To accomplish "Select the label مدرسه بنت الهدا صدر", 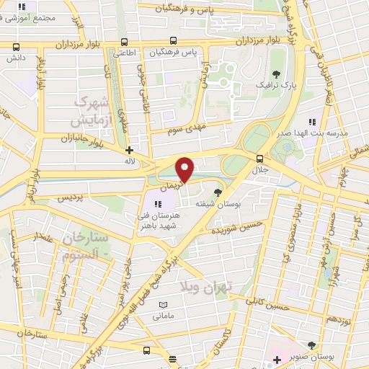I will click(317, 134).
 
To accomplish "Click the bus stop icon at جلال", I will click(259, 159).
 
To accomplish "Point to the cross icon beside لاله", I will click(129, 151).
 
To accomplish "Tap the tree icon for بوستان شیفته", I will click(218, 192).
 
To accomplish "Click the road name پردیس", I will click(71, 197).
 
